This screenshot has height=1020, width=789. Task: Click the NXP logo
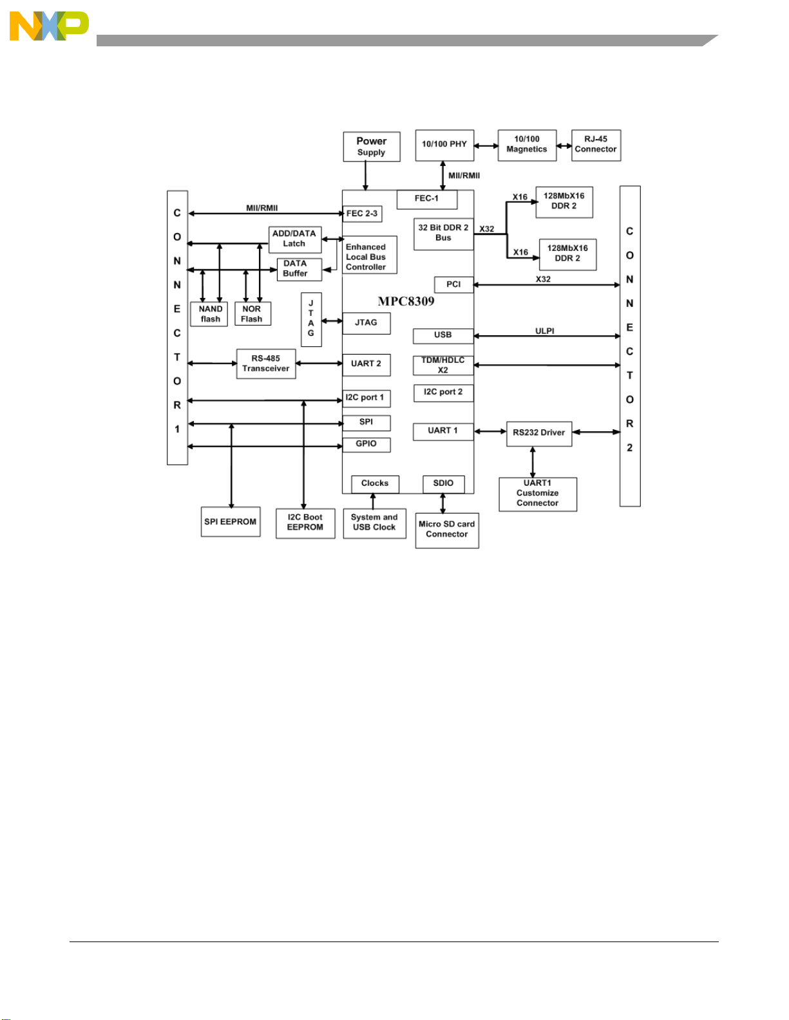pyautogui.click(x=49, y=26)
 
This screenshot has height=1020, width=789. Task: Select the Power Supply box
pyautogui.click(x=372, y=147)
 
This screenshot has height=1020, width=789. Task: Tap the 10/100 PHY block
pyautogui.click(x=444, y=145)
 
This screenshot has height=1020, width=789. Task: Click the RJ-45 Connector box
pyautogui.click(x=596, y=145)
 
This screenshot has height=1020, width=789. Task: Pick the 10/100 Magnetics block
pyautogui.click(x=527, y=145)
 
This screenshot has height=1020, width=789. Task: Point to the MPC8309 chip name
pyautogui.click(x=406, y=301)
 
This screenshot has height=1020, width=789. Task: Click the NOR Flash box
pyautogui.click(x=252, y=313)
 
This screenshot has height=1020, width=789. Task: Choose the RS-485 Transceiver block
pyautogui.click(x=266, y=364)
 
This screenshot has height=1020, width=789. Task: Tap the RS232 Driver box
pyautogui.click(x=539, y=434)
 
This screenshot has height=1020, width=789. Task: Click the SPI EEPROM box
pyautogui.click(x=231, y=521)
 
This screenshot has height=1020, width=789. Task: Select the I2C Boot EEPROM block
pyautogui.click(x=305, y=523)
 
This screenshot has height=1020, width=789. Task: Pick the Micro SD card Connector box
pyautogui.click(x=447, y=530)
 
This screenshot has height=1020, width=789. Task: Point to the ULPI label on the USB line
pyautogui.click(x=545, y=331)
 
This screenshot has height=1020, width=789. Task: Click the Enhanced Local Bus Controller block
pyautogui.click(x=370, y=255)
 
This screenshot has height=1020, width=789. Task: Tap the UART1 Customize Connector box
pyautogui.click(x=538, y=494)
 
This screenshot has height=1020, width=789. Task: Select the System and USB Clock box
pyautogui.click(x=375, y=524)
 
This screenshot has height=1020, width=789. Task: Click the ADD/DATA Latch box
pyautogui.click(x=295, y=239)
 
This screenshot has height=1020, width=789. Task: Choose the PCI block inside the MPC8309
pyautogui.click(x=453, y=284)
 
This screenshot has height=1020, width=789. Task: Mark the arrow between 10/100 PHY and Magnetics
pyautogui.click(x=486, y=146)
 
